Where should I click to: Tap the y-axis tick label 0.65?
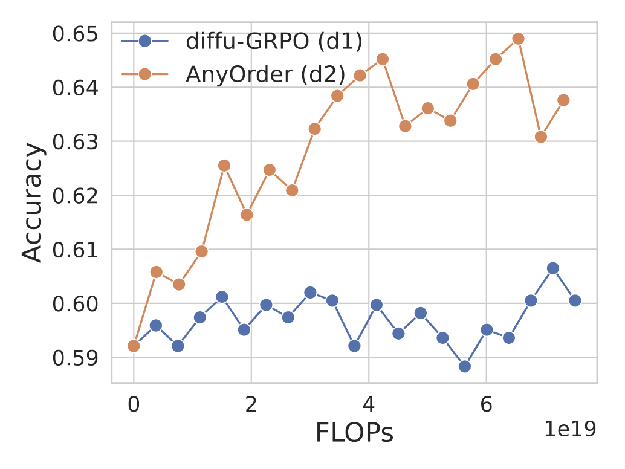click(77, 34)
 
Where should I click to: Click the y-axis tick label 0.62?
click(77, 195)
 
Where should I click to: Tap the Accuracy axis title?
click(33, 202)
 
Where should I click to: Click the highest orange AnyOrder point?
click(518, 39)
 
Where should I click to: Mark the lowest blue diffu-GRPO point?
click(464, 366)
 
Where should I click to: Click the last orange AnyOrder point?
click(563, 100)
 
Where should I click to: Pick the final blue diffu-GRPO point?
click(575, 300)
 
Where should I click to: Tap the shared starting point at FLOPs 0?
click(134, 346)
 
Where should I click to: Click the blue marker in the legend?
click(145, 42)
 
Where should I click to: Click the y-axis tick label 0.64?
click(77, 88)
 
